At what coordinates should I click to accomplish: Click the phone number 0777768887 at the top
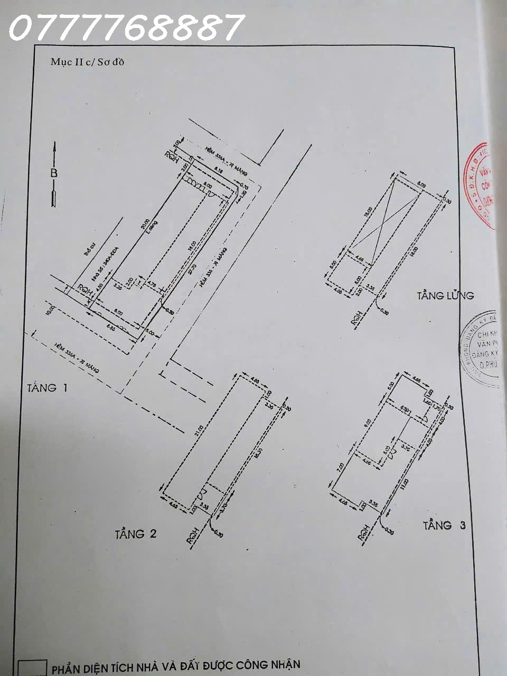(x=126, y=27)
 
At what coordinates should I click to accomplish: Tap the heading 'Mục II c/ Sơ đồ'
(x=87, y=62)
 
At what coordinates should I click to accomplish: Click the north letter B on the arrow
(x=54, y=173)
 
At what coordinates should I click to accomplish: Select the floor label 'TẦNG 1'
(x=47, y=388)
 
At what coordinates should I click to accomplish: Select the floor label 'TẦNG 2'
(x=136, y=534)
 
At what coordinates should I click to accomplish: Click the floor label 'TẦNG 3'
(x=444, y=525)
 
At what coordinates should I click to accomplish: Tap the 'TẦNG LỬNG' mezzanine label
(x=445, y=296)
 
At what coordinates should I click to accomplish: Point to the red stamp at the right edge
(x=482, y=185)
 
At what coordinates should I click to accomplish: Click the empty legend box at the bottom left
(x=32, y=668)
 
